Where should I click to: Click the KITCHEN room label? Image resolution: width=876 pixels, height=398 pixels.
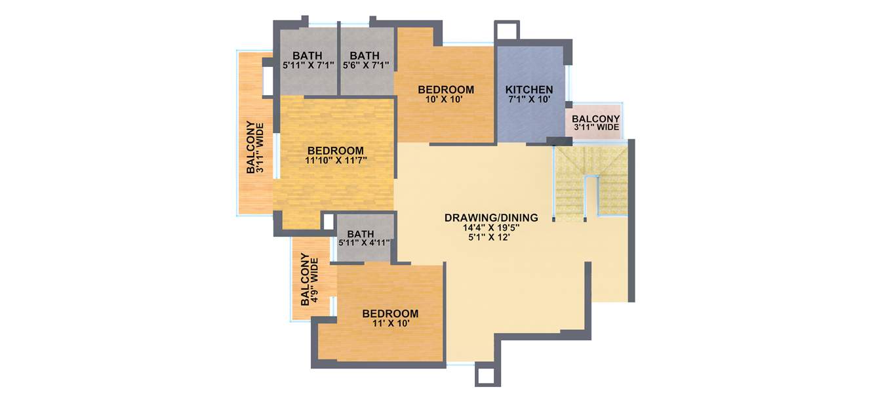[528, 90]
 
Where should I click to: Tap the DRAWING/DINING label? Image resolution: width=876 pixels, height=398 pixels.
[491, 218]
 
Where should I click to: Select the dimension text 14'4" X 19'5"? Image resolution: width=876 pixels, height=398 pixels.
[491, 228]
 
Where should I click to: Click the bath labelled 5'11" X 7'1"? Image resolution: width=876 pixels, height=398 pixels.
[308, 65]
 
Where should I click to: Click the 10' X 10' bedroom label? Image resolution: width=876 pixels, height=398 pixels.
[446, 100]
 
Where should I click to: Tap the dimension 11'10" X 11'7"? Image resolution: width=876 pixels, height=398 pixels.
[334, 159]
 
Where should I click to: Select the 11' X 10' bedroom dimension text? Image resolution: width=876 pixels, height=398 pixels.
[390, 323]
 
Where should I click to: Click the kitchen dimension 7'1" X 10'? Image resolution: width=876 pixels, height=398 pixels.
[528, 100]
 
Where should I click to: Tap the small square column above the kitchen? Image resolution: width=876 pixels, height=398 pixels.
[507, 30]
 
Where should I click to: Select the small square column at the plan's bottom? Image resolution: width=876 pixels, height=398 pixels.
[485, 374]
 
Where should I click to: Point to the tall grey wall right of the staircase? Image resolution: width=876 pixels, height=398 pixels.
[631, 220]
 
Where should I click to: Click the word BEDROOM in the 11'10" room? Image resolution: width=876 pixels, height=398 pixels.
[334, 149]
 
